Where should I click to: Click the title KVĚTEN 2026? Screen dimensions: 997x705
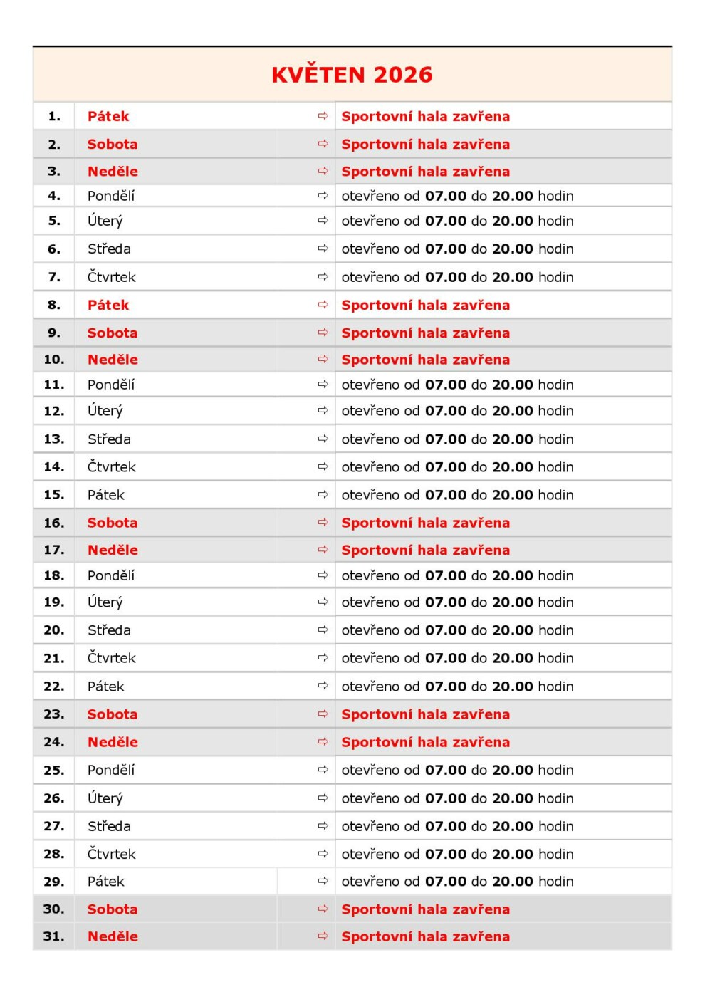point(352,75)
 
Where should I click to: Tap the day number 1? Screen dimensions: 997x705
point(54,116)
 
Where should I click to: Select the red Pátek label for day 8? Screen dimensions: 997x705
point(108,305)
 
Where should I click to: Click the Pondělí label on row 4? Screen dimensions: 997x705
point(110,196)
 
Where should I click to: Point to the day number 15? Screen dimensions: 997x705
point(54,495)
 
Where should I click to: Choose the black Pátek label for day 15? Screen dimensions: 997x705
point(105,495)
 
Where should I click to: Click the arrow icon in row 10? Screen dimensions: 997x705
point(323,360)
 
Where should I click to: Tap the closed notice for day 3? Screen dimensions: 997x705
point(425,172)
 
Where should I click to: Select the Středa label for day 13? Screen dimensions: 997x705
point(109,439)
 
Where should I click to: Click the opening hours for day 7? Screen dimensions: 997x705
point(457,277)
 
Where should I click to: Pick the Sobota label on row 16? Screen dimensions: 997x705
point(113,523)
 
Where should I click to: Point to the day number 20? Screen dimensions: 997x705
point(54,630)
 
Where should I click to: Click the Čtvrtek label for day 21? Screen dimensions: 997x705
point(111,658)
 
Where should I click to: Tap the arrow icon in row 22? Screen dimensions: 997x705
point(323,686)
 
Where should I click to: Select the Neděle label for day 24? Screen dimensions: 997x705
point(113,742)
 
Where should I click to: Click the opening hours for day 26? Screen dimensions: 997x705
point(457,798)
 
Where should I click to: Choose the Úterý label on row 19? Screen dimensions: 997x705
point(105,602)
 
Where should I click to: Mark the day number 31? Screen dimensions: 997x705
point(54,936)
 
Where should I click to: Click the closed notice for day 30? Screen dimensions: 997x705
point(425,909)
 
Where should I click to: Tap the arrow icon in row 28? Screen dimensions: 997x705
point(323,853)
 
